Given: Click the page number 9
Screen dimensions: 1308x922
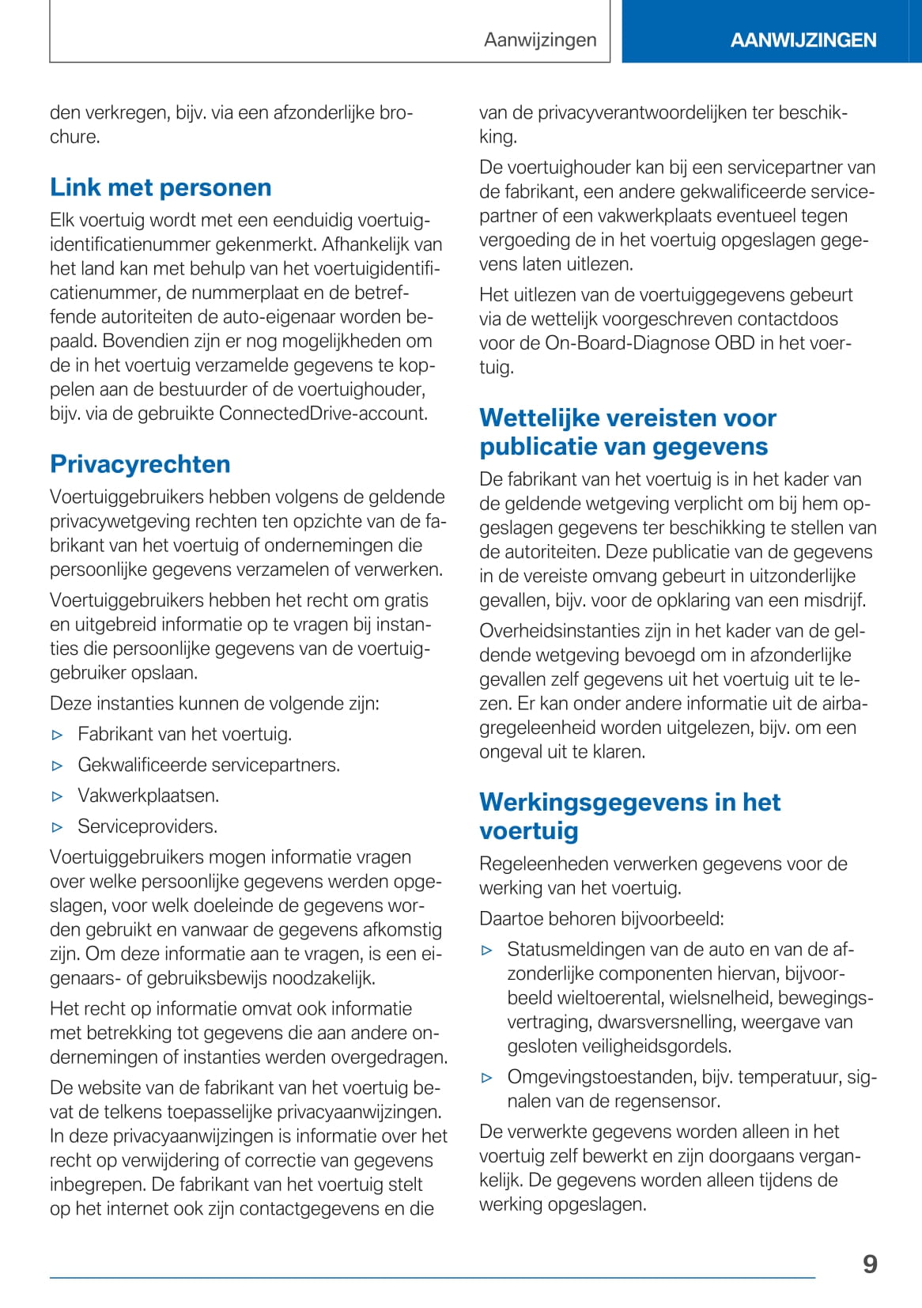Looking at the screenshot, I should click(x=870, y=1264).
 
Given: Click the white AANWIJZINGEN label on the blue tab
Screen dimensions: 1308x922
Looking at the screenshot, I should click(x=803, y=40).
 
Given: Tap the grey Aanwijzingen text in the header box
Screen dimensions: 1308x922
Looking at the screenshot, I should click(x=540, y=40).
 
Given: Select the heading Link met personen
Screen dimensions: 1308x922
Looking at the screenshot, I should click(x=161, y=187).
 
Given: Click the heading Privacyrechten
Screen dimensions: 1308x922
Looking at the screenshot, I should click(x=140, y=464).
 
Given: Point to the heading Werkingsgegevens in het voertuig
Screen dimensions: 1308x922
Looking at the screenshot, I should click(x=629, y=816).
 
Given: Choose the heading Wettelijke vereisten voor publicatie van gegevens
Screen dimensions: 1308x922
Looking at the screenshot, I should click(x=628, y=432).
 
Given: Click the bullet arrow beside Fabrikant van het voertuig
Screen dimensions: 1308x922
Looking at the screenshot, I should click(x=57, y=735).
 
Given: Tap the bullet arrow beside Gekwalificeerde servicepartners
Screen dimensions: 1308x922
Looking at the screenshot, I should click(x=57, y=766).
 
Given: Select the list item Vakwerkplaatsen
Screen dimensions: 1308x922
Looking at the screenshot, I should click(x=148, y=796).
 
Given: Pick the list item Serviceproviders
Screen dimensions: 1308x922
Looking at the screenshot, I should click(x=147, y=826).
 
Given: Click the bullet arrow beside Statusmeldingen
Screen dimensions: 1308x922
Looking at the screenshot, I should click(x=487, y=950).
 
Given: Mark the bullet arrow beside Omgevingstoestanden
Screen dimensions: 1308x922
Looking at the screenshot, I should click(x=487, y=1077).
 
